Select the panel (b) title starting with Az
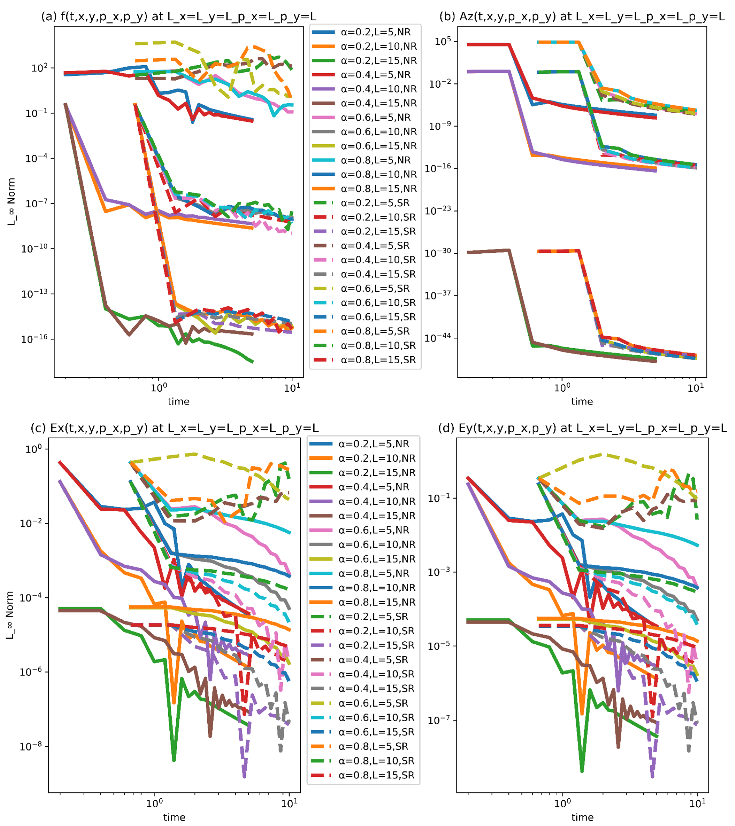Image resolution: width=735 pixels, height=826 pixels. (582, 17)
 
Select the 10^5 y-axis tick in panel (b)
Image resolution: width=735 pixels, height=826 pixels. (443, 42)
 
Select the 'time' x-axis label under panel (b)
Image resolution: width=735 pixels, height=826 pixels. (582, 401)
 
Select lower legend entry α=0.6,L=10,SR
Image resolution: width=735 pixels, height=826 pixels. (377, 717)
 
